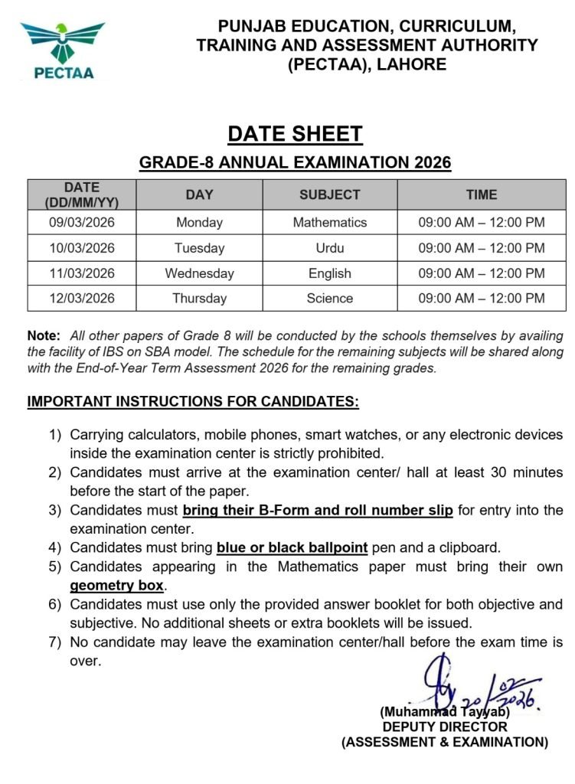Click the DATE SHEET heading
[295, 134]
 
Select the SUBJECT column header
[329, 195]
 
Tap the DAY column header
[199, 195]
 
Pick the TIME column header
[481, 195]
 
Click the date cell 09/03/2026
[82, 223]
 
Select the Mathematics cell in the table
[329, 223]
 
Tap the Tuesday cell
[199, 248]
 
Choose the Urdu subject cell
[329, 248]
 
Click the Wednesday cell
[199, 273]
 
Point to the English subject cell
[329, 273]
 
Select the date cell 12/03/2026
[82, 298]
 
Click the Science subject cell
[329, 298]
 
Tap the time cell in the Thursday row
[481, 298]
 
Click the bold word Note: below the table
[43, 336]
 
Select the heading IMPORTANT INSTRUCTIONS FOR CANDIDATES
[193, 401]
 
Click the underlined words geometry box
[116, 586]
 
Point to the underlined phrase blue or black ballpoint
[292, 547]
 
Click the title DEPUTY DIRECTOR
[445, 727]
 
